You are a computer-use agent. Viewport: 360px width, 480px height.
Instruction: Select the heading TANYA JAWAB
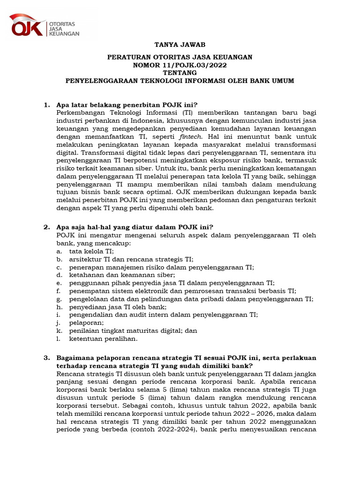coord(180,45)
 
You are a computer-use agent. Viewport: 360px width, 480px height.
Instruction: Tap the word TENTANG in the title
coord(180,73)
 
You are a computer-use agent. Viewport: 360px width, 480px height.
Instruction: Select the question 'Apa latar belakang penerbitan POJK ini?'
coord(127,105)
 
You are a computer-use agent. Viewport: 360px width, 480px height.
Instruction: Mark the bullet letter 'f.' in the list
coord(59,291)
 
